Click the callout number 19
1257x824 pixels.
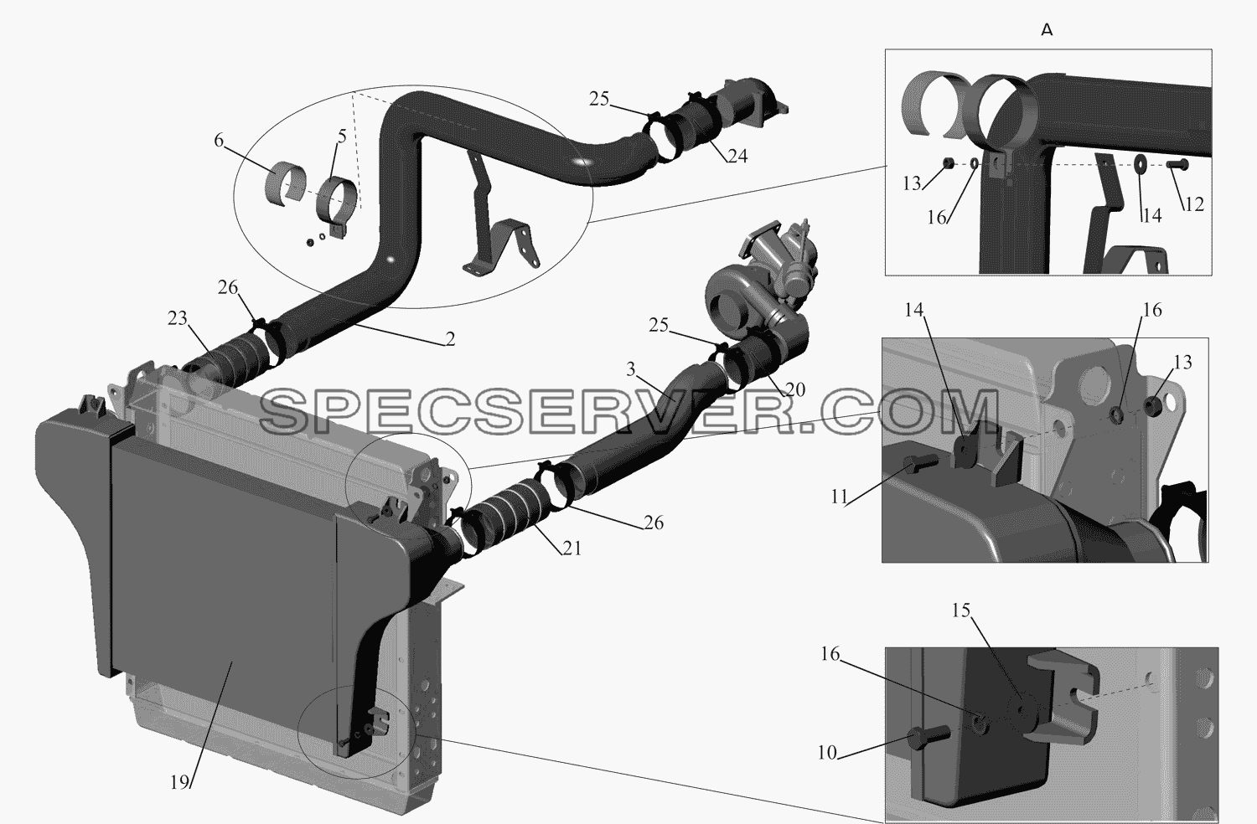coord(179,782)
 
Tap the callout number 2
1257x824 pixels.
coord(450,339)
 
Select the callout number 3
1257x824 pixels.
coord(631,369)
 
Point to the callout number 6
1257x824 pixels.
coord(219,140)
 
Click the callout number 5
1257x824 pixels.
coord(342,136)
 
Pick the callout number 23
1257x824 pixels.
coord(178,318)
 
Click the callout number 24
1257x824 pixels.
coord(737,156)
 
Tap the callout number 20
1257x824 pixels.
coord(795,389)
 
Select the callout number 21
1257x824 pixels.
coord(572,548)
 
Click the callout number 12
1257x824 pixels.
coord(1193,204)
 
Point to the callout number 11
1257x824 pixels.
coord(839,497)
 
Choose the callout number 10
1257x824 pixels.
coord(827,753)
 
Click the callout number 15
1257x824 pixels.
coord(961,610)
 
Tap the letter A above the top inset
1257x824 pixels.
coord(1047,31)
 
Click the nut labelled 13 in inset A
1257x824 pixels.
coord(947,163)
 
